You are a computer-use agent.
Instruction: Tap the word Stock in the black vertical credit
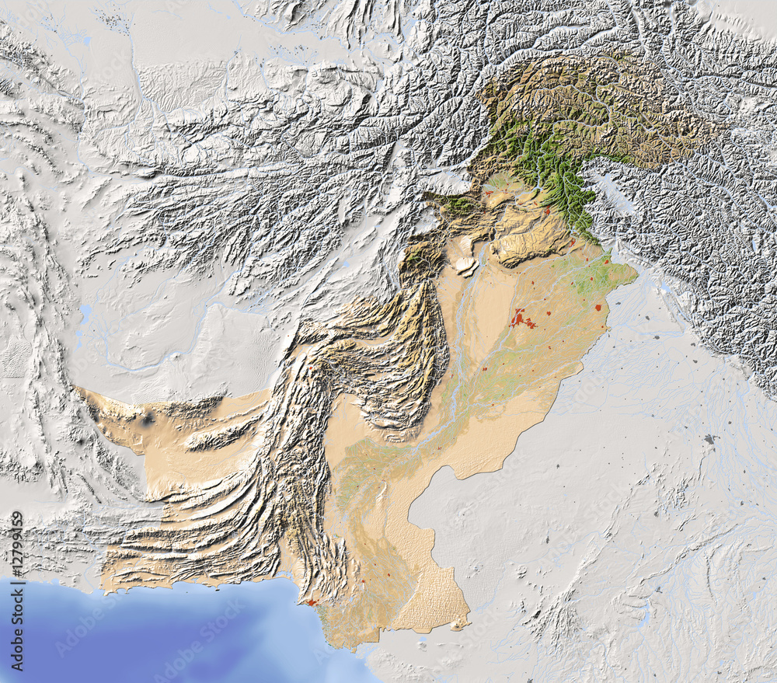point(17,605)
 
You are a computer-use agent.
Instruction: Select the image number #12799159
point(17,548)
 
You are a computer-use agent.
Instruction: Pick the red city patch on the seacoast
point(311,602)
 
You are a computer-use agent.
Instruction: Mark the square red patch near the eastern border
point(598,308)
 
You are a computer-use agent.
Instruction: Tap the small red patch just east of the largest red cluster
point(549,314)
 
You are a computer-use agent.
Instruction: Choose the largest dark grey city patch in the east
point(709,439)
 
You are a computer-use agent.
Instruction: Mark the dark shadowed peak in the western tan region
point(148,420)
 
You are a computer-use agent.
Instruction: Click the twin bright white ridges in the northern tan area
point(466,264)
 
